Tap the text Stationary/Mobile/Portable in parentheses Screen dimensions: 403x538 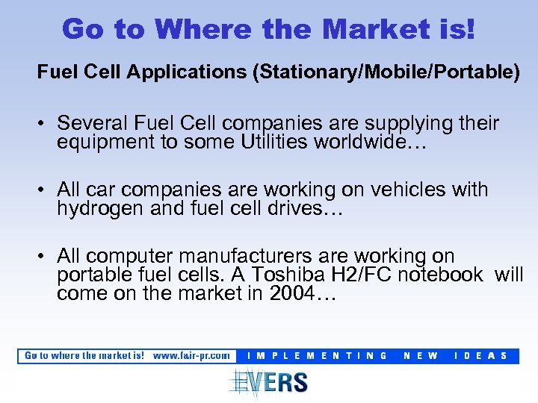coord(386,73)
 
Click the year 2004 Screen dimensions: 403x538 coord(291,294)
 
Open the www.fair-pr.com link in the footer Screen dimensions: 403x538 coord(191,355)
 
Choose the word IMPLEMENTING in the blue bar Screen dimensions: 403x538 coord(317,356)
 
